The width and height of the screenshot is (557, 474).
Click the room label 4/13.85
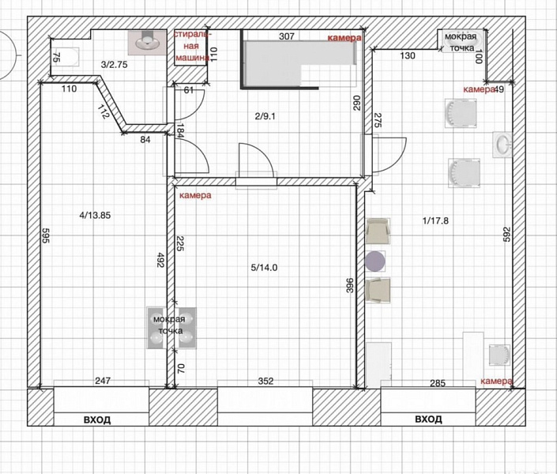pos(95,215)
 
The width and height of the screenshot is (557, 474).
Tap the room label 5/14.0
pos(265,268)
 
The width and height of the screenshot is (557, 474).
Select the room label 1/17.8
pos(435,220)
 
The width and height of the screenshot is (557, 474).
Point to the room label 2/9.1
pos(265,116)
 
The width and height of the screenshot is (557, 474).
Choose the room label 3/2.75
pos(114,65)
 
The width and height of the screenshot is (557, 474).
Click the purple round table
pos(375,261)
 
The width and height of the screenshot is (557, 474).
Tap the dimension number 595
pos(46,235)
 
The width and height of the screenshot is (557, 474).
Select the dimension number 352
pos(265,381)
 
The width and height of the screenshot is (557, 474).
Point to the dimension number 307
pos(287,36)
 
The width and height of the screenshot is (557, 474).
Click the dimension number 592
pos(507,235)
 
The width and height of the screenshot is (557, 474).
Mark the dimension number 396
pos(350,285)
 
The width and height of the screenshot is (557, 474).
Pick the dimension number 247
pos(103,381)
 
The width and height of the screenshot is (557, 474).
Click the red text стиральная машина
pos(192,46)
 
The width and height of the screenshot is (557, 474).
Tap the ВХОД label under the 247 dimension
pos(97,419)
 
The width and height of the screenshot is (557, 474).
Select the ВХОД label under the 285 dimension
pos(428,419)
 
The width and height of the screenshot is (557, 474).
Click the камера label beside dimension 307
pos(344,38)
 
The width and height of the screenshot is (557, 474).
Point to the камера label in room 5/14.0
pos(195,195)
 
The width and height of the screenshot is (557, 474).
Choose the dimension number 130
pos(408,55)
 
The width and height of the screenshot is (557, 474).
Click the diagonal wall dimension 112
pos(103,111)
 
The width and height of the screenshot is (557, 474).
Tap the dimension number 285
pos(438,383)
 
